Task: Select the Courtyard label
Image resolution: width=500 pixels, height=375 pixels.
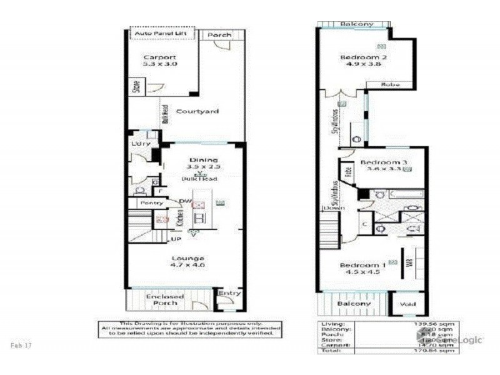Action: click(197, 111)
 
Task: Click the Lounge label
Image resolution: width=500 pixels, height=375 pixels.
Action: click(189, 257)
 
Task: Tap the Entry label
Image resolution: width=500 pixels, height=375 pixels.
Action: click(229, 293)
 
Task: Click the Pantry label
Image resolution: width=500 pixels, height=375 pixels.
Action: click(151, 203)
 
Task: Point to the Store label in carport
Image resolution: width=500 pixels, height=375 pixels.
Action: click(136, 86)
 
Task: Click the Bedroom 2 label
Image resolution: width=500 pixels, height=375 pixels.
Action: click(363, 58)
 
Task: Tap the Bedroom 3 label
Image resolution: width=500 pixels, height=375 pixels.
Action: click(384, 162)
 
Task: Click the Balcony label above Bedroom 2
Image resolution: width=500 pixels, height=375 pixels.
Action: click(357, 24)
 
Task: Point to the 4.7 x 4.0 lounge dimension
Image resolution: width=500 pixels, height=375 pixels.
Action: click(188, 266)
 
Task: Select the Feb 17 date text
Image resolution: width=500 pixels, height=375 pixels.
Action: click(21, 344)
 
